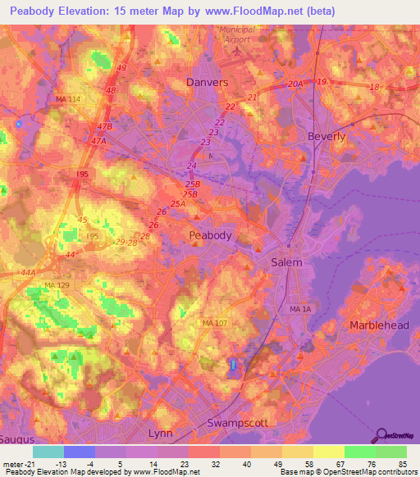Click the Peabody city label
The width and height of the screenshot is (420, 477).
coord(210,235)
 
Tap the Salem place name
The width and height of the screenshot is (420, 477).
coord(286,262)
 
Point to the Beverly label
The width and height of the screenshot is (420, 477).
coord(326,136)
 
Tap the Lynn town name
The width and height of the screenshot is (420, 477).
coord(161,432)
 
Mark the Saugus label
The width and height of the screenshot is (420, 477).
coord(15,440)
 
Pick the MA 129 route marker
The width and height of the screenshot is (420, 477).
coord(57,284)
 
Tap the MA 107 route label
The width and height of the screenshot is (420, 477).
coord(216,323)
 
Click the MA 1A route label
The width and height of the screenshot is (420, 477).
coord(300,309)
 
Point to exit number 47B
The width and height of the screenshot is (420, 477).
coord(104,128)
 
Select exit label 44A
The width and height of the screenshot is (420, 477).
coord(30,272)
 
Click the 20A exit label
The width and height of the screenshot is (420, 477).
coord(295,84)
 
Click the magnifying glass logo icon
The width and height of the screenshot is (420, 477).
coord(382,435)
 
